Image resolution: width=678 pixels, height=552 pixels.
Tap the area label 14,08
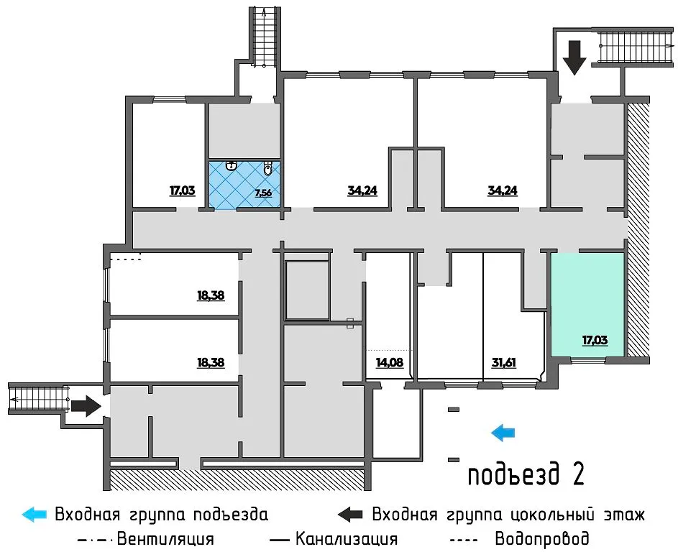point(389,362)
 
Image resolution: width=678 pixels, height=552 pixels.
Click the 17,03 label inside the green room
point(594,339)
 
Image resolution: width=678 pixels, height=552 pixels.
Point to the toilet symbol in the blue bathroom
point(267,170)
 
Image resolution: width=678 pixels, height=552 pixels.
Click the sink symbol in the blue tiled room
point(232,166)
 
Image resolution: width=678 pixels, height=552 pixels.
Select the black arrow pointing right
point(86,406)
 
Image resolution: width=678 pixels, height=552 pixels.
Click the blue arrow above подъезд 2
point(503,432)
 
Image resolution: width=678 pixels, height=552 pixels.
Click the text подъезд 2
point(525,474)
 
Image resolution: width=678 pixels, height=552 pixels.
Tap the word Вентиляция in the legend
point(165,538)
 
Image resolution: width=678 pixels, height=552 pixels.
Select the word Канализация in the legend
point(347,538)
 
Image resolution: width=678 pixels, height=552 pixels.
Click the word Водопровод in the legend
point(542,538)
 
